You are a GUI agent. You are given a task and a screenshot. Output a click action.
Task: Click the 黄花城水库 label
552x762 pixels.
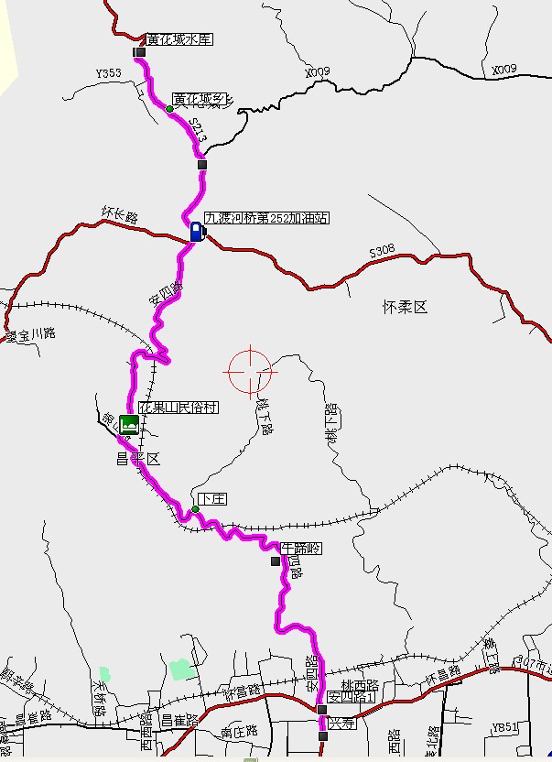[179, 39]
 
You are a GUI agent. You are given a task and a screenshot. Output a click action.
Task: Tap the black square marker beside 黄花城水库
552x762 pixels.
[140, 53]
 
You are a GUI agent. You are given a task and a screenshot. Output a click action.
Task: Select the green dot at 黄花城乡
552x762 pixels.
[169, 110]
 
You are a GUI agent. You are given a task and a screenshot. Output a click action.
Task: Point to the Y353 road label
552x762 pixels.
[108, 72]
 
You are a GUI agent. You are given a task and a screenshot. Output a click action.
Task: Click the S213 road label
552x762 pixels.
[197, 130]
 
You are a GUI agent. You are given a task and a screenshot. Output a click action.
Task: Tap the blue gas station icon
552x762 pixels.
[196, 231]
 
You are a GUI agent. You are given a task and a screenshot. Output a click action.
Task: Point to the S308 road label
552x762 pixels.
[382, 249]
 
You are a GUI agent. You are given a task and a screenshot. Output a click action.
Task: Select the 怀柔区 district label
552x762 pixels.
[405, 307]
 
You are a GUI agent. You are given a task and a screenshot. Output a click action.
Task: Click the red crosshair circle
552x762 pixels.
[249, 372]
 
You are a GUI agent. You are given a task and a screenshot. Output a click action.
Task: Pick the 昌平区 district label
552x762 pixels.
[138, 459]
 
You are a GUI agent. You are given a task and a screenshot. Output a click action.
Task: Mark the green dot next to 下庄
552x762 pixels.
[196, 508]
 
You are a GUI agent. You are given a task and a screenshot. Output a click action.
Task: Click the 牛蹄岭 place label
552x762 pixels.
[302, 547]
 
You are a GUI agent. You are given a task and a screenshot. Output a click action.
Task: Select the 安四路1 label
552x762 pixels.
[352, 697]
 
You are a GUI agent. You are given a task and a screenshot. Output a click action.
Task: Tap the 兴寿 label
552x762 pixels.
[341, 724]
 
